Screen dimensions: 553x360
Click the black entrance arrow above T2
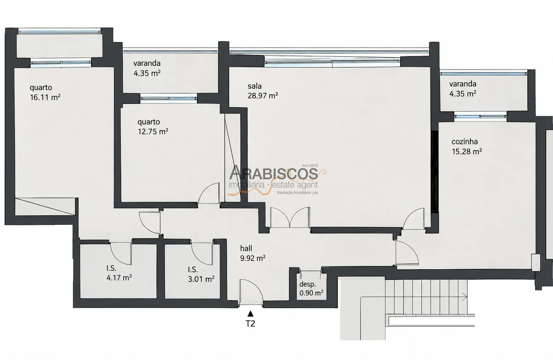[x=250, y=314]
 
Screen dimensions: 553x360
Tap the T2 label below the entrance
[x=250, y=323]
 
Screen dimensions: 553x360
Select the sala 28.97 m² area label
[x=263, y=91]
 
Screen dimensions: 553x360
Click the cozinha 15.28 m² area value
[x=467, y=151]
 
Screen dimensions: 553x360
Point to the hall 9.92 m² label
[x=253, y=253]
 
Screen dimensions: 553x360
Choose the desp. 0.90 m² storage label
[x=311, y=288]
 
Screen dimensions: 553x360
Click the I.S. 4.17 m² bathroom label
[x=119, y=273]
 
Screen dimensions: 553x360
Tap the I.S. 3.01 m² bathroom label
[x=201, y=274]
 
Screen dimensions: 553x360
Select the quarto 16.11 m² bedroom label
[x=45, y=92]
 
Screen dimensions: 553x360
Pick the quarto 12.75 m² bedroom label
[x=153, y=127]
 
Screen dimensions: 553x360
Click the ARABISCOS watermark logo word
[x=273, y=173]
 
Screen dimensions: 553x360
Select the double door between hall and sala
[x=290, y=217]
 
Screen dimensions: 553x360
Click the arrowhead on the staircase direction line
[x=465, y=297]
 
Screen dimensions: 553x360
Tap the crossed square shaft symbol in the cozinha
[x=536, y=263]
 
